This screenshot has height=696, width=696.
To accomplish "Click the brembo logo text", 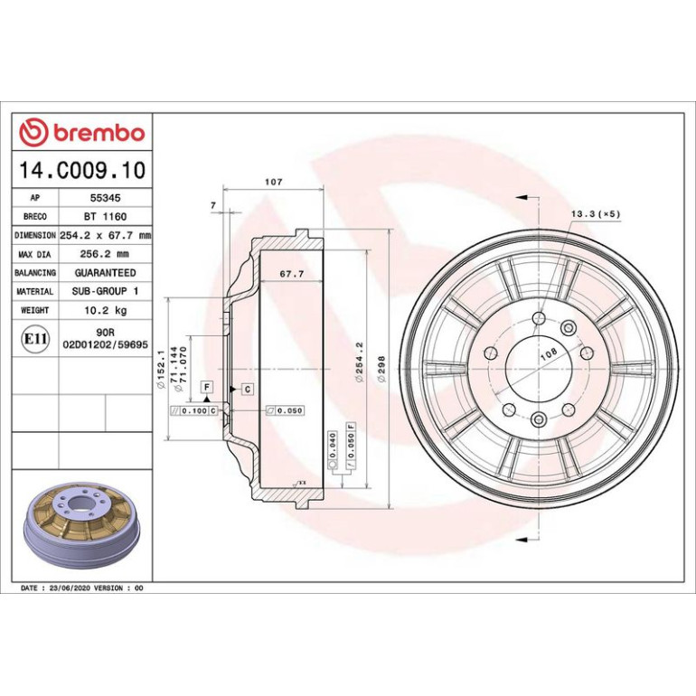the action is [99, 133].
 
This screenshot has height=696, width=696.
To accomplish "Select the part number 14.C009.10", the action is [82, 170].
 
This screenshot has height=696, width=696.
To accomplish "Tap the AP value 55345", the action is [105, 198].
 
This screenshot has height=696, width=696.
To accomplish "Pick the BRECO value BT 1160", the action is [105, 217].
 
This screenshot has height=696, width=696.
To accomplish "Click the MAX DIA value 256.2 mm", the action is [104, 254].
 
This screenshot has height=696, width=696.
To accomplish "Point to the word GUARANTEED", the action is [105, 273].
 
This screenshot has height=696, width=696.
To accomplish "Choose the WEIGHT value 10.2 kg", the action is [106, 310].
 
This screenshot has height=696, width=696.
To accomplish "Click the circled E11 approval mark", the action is [35, 339].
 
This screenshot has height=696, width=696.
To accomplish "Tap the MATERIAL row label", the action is [35, 292].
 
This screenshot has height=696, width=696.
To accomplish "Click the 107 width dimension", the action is [273, 182].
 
